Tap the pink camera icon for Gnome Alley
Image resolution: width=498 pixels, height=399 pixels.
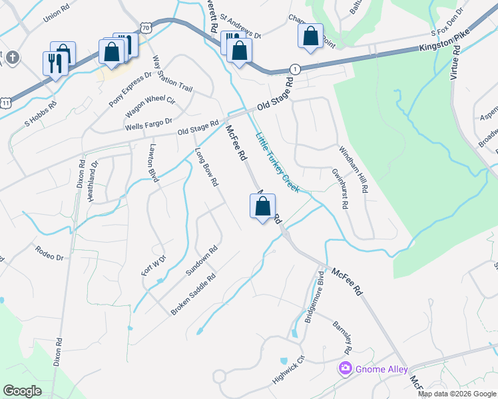pyautogui.click(x=345, y=368)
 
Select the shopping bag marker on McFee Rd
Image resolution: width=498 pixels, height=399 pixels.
pyautogui.click(x=262, y=207)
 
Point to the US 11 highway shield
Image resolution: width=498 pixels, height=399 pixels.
pyautogui.click(x=6, y=103)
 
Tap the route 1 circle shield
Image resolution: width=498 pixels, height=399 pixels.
pyautogui.click(x=294, y=69)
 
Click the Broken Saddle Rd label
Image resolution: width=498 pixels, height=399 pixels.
pyautogui.click(x=194, y=295)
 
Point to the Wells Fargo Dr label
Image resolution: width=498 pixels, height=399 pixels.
pyautogui.click(x=148, y=124)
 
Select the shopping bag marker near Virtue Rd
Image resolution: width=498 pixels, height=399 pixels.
pyautogui.click(x=310, y=37)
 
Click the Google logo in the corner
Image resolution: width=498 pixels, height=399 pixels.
pyautogui.click(x=23, y=391)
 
